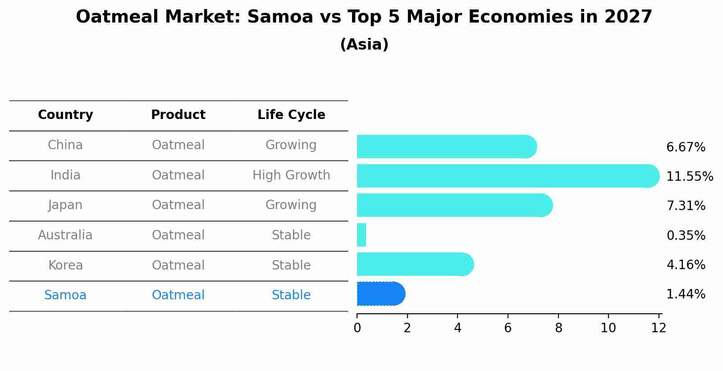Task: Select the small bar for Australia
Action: point(361,235)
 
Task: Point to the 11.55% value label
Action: point(689,176)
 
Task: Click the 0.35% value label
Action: point(685,235)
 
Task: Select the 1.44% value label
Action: point(685,294)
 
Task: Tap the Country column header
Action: point(65,115)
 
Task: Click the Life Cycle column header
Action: point(291,115)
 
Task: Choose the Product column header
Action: point(178,115)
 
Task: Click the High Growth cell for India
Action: point(291,175)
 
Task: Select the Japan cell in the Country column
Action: point(65,205)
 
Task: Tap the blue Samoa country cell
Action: point(65,295)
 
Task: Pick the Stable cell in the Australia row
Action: point(291,235)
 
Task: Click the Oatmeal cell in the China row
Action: point(178,145)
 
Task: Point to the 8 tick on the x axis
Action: point(558,328)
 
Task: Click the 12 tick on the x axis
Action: point(659,328)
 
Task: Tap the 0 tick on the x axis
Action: point(357,328)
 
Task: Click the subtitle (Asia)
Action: point(364,45)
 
